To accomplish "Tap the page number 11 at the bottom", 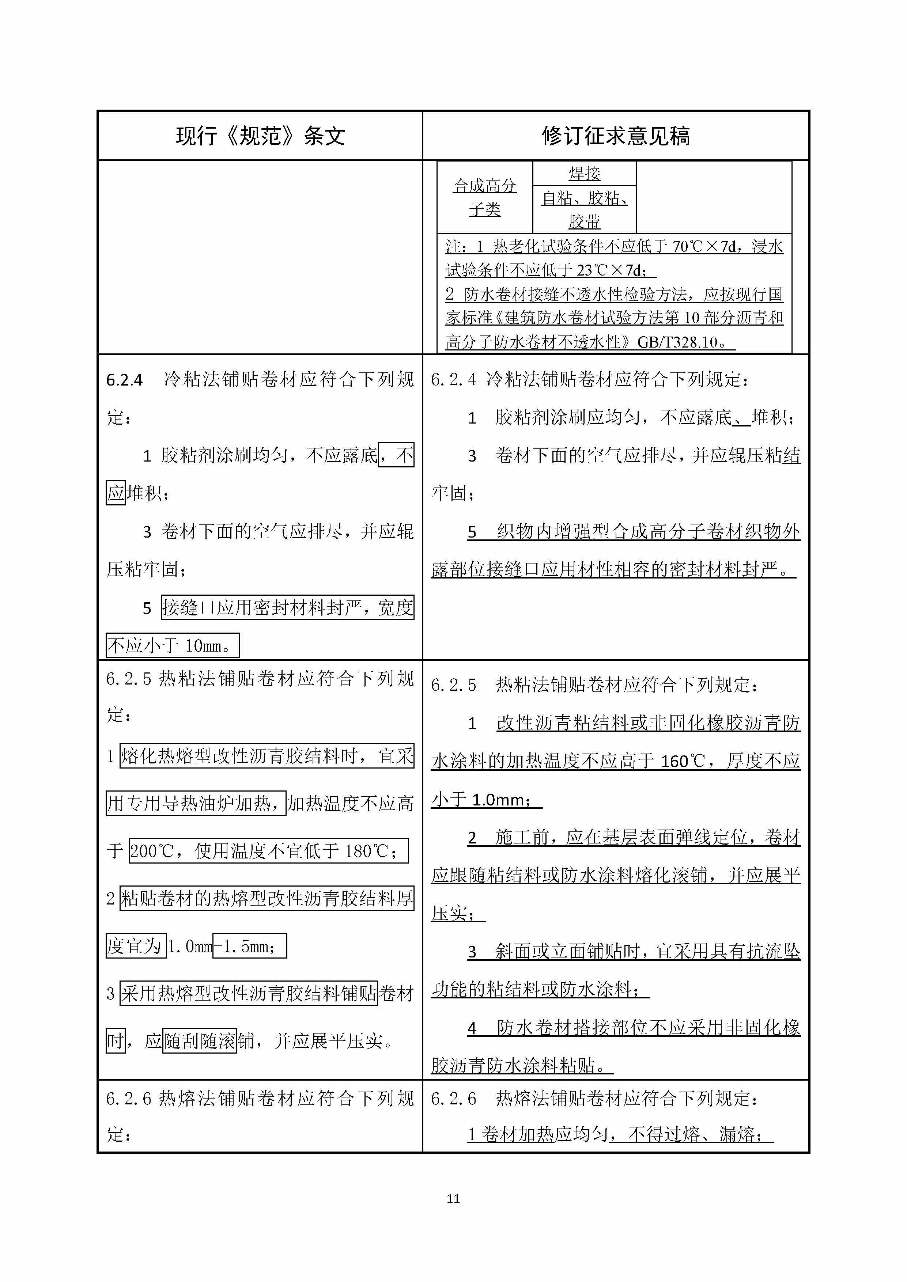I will click(453, 1198).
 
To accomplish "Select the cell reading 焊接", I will click(584, 174).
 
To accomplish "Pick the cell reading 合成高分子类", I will click(485, 197).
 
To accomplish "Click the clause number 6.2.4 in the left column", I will click(125, 380).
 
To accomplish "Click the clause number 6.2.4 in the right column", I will click(453, 380).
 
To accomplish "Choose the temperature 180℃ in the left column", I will click(366, 851).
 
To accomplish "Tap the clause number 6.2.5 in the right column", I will click(453, 686).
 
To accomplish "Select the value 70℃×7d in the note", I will click(704, 246).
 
